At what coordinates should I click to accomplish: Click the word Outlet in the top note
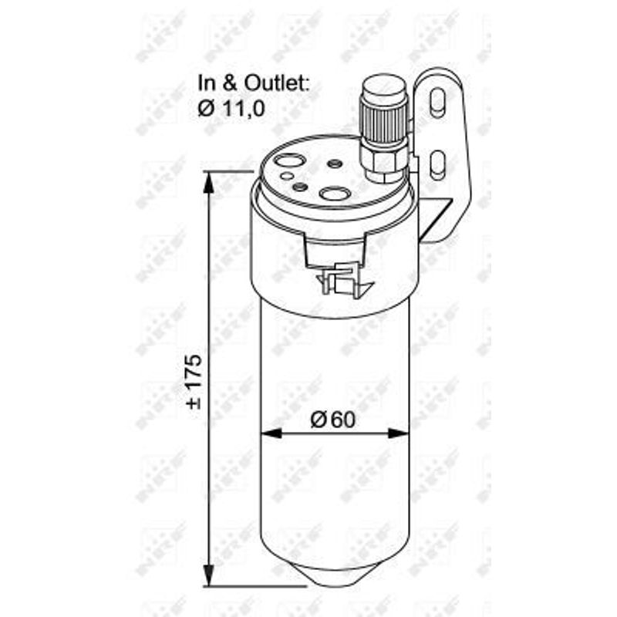click(x=275, y=83)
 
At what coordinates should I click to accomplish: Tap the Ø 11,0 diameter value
click(x=231, y=109)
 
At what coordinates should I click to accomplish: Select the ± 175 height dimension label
click(x=195, y=382)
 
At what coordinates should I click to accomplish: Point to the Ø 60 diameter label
click(x=333, y=420)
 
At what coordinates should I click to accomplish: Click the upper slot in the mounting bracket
click(x=437, y=103)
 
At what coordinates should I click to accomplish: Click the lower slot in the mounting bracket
click(x=437, y=164)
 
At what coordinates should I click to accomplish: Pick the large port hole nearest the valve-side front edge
click(x=335, y=194)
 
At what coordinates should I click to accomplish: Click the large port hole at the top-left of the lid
click(x=290, y=160)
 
